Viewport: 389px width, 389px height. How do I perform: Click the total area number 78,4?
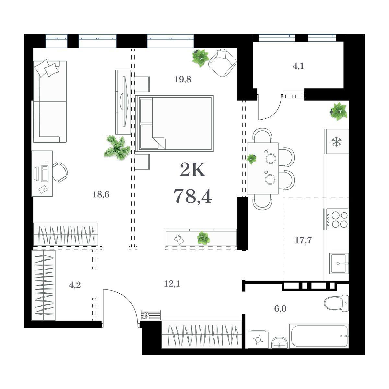pos(193,196)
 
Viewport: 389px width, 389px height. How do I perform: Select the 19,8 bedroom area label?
pos(183,79)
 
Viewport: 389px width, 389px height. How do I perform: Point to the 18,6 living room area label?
pos(101,194)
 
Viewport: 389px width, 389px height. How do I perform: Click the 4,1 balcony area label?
pos(298,66)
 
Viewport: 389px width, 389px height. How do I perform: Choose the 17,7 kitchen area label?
pos(303,241)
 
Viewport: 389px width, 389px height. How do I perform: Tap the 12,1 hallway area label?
pos(172,284)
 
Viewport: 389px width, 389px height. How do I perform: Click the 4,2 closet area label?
pos(75,285)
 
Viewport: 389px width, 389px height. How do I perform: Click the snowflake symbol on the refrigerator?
pos(336,142)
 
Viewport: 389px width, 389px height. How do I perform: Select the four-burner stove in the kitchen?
pos(337,219)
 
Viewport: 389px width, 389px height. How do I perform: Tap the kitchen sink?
pos(339,264)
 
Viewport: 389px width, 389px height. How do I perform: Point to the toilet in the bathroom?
pos(336,303)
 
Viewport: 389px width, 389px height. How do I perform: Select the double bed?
pos(174,123)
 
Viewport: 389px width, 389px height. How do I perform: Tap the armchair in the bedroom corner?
pos(222,63)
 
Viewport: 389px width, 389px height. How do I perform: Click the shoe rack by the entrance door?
pos(151,315)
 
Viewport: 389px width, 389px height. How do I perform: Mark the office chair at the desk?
pos(60,172)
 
